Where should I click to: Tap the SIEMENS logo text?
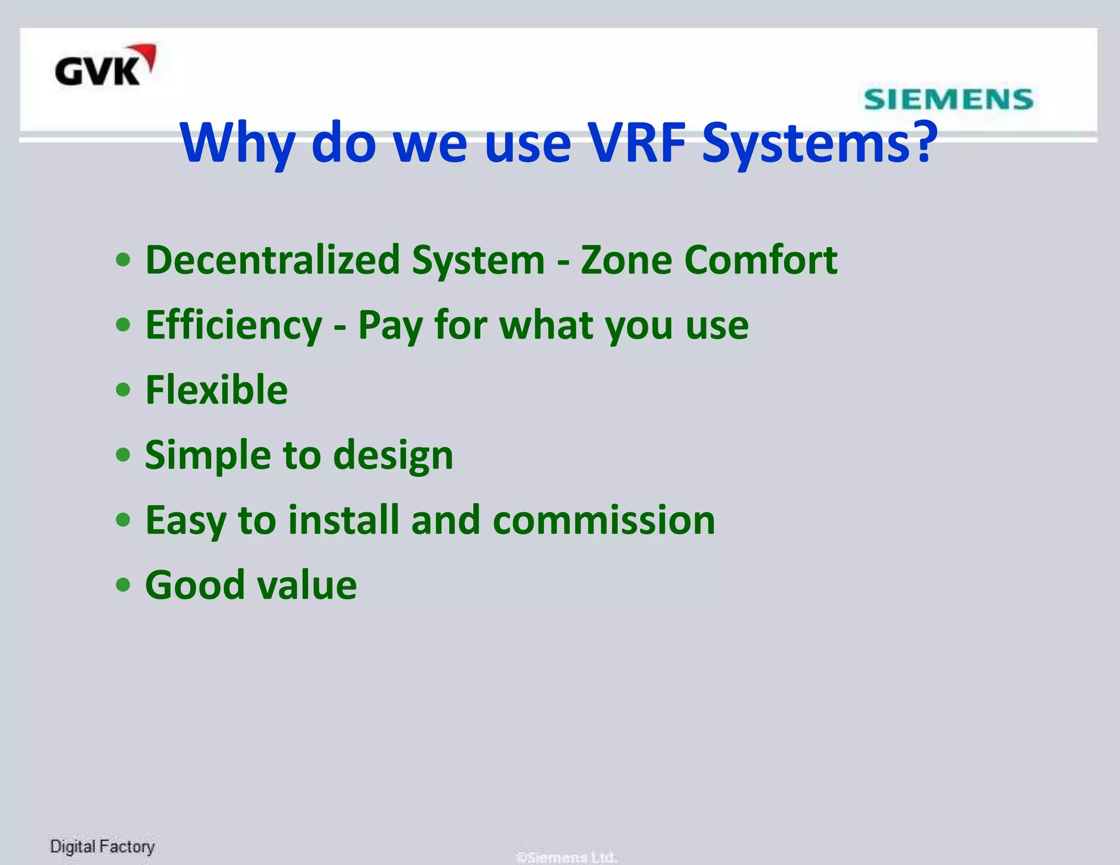[948, 100]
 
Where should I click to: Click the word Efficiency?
[234, 326]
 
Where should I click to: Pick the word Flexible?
[217, 390]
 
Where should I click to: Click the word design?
[393, 456]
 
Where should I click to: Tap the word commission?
[604, 520]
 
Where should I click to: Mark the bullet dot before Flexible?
[124, 390]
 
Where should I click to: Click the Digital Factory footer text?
[102, 846]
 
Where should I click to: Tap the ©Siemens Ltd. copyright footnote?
[567, 857]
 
